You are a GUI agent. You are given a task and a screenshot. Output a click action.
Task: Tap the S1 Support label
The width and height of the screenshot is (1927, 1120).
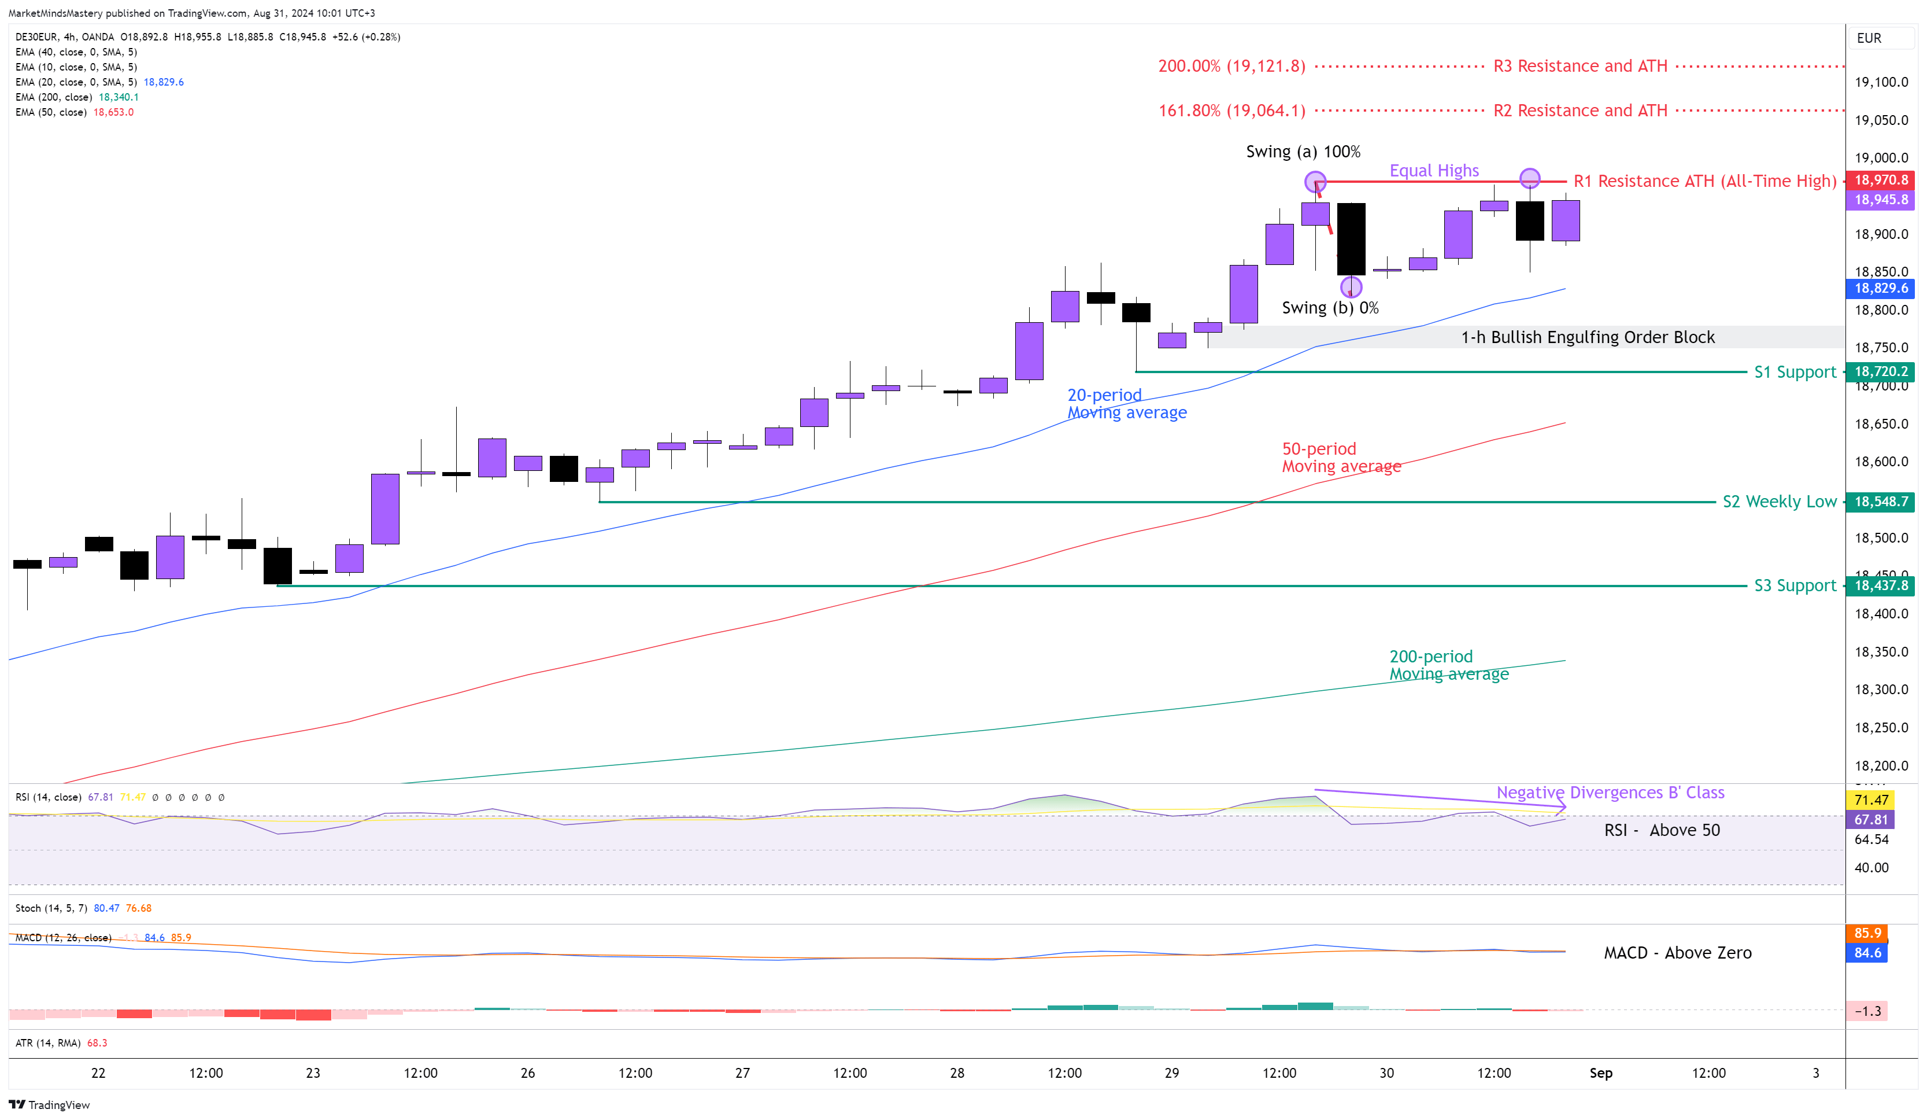(1794, 373)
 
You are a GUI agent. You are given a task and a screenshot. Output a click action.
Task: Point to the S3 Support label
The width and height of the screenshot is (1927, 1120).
(1794, 586)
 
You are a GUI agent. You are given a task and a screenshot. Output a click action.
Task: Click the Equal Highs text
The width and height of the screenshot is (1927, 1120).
(1434, 171)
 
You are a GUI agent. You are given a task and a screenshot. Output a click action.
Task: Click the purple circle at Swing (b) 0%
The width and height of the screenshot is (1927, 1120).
(1351, 288)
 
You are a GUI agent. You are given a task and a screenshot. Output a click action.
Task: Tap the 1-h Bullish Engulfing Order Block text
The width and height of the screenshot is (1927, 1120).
(1588, 337)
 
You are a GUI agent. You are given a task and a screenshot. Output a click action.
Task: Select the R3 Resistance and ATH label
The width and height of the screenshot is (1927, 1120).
(1580, 67)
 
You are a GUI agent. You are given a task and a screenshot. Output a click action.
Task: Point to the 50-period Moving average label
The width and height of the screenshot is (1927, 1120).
(1341, 458)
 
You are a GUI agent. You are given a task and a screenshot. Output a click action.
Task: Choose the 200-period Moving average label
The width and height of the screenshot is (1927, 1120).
(1448, 665)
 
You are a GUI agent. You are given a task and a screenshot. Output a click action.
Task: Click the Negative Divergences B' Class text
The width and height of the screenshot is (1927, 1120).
(1610, 793)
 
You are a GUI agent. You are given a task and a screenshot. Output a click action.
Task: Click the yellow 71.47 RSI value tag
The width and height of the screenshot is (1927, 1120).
(1870, 800)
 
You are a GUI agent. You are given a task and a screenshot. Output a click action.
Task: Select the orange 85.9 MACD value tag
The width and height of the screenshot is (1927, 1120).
(1867, 933)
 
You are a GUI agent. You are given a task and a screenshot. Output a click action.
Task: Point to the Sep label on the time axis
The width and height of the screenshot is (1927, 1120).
(1600, 1073)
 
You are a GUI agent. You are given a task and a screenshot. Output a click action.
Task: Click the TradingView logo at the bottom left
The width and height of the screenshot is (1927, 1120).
(50, 1105)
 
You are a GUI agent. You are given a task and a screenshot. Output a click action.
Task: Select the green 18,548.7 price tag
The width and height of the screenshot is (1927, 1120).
(1880, 502)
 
